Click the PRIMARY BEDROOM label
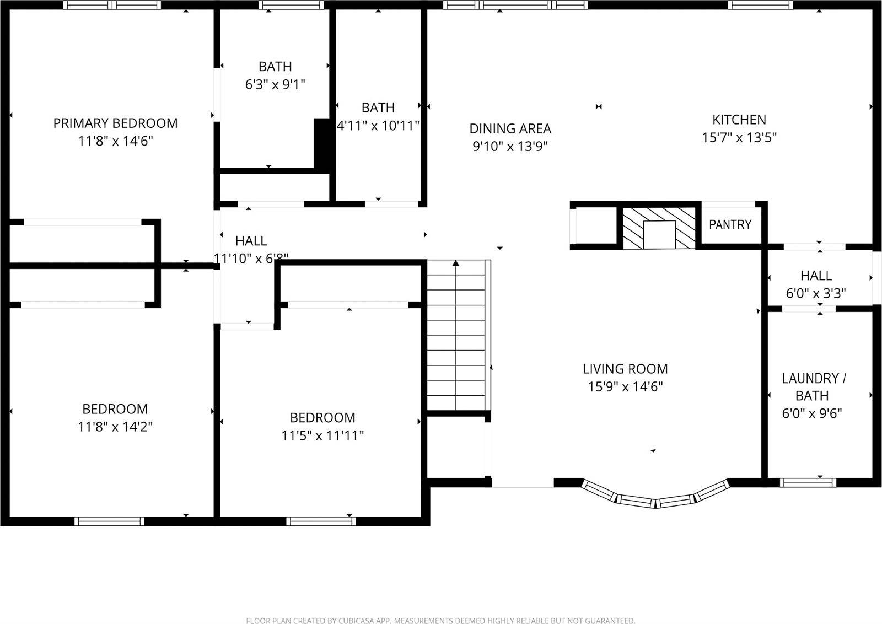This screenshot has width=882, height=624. click(x=115, y=123)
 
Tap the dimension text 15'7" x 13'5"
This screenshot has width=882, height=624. click(x=739, y=138)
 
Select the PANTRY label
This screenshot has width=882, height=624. click(x=730, y=224)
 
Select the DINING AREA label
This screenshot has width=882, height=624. click(x=510, y=128)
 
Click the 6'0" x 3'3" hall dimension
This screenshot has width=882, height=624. click(x=815, y=293)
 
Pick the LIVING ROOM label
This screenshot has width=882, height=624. click(x=625, y=369)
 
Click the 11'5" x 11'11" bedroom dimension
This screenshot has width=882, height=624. click(x=322, y=436)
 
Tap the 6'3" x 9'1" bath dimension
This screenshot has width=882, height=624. click(x=275, y=84)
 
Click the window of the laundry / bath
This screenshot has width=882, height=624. click(x=808, y=483)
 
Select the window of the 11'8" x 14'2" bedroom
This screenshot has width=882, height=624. click(x=109, y=521)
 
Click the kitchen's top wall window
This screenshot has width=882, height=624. click(x=760, y=5)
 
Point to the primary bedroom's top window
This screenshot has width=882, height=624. click(x=112, y=5)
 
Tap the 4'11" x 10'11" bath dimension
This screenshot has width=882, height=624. click(x=378, y=126)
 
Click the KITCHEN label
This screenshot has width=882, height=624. click(x=739, y=120)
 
